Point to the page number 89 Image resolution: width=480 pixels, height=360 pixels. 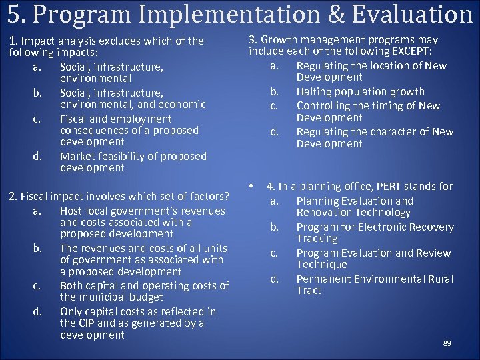point(447,343)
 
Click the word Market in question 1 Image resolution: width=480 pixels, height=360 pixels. point(77,156)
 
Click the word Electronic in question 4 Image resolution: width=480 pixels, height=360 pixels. point(378,227)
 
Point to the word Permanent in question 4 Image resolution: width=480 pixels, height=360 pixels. point(323,279)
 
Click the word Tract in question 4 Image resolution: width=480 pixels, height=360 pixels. point(309,290)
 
